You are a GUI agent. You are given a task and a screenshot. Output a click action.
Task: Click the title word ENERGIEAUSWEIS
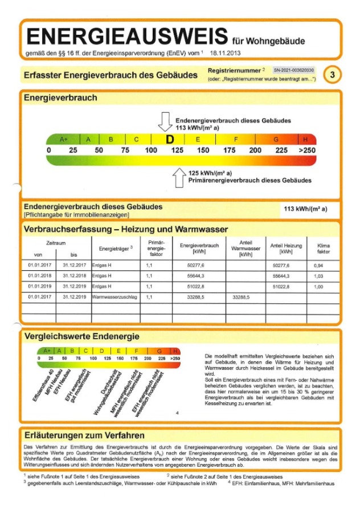[x=126, y=37]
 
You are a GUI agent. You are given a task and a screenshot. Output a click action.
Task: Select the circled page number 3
[x=333, y=75]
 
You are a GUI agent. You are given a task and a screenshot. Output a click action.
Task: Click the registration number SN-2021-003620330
[x=293, y=70]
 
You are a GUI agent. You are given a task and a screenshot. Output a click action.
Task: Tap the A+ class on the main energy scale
[x=63, y=139]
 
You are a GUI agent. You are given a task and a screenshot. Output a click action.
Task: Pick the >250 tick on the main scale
[x=306, y=150]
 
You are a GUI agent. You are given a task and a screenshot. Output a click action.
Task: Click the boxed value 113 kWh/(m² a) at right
[x=305, y=209]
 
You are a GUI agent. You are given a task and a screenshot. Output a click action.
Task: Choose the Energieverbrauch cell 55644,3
[x=195, y=276]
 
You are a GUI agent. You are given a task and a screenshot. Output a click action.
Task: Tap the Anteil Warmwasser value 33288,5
[x=241, y=297]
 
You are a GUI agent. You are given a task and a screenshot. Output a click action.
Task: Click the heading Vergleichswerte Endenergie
[x=81, y=336]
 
